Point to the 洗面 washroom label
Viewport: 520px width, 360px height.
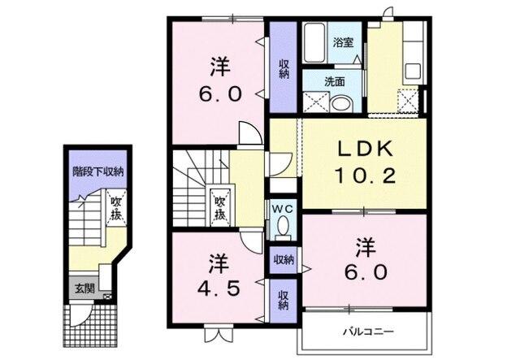tap(335, 81)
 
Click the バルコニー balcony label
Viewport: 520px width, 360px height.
tap(367, 332)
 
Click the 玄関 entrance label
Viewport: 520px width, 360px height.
tap(84, 288)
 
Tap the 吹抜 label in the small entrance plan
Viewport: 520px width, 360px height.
tap(116, 209)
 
